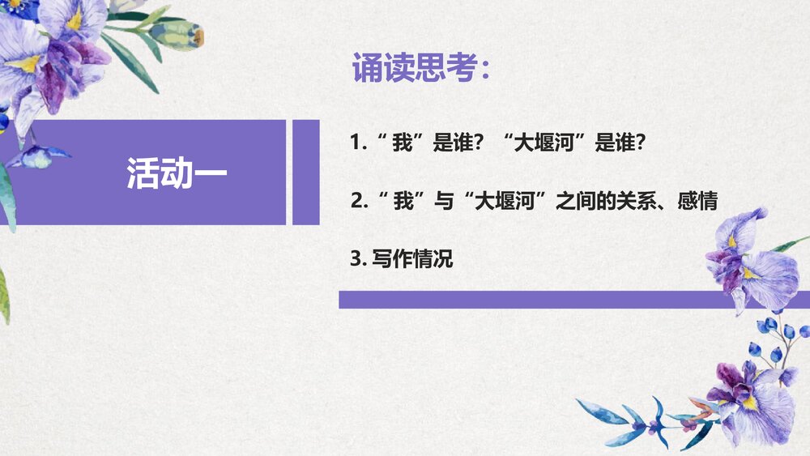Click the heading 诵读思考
[x=413, y=70]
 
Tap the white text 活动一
[x=177, y=173]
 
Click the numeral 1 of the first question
[x=354, y=143]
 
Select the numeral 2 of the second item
[x=356, y=201]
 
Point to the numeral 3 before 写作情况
[x=355, y=260]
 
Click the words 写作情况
[x=412, y=260]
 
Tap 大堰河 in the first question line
[x=552, y=143]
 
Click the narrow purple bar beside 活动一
[x=305, y=173]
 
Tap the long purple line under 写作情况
[x=567, y=300]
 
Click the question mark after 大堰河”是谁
[x=639, y=143]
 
